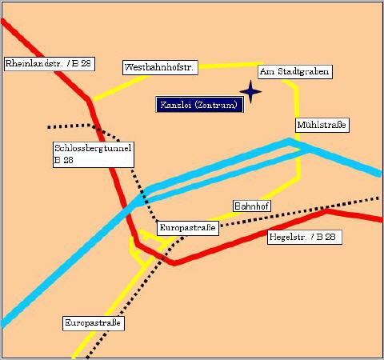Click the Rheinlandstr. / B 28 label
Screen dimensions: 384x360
tap(50, 64)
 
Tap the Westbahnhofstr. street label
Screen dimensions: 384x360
tap(160, 67)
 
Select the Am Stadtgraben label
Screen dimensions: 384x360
tap(295, 72)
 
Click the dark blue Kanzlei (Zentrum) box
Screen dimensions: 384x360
tap(199, 105)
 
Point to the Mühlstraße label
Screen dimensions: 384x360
tap(322, 125)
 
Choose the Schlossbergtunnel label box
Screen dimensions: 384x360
tap(94, 154)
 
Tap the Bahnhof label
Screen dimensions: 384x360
tap(252, 206)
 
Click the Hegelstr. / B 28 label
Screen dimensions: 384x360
tap(305, 237)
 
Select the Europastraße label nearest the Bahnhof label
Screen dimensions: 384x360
tap(188, 228)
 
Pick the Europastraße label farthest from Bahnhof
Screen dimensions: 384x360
tap(94, 323)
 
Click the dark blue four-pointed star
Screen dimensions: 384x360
tap(250, 92)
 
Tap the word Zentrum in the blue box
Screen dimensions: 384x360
tap(216, 105)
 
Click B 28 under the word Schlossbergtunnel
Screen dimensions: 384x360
tap(64, 160)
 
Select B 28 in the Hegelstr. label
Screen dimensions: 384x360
tap(326, 237)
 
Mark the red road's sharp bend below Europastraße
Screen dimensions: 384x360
tap(174, 262)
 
